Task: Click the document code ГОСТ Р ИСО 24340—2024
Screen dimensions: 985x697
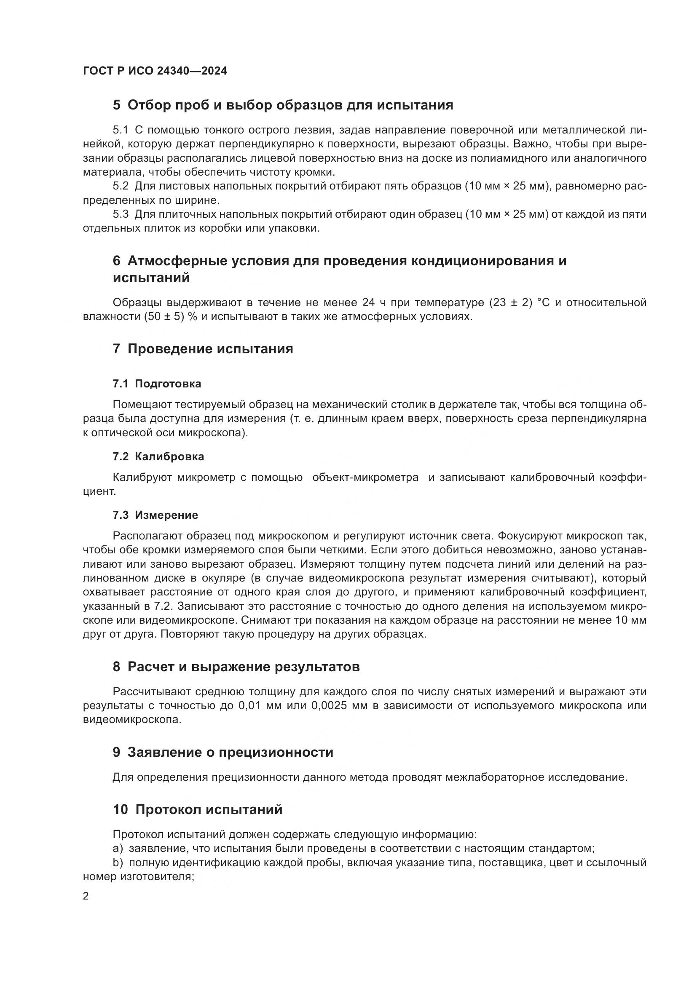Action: (x=155, y=71)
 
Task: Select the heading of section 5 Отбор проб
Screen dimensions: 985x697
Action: (x=283, y=105)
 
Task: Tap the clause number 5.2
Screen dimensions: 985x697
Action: (x=121, y=186)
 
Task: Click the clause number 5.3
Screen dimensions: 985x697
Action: (x=121, y=214)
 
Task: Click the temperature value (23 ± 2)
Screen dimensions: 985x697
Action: (x=510, y=303)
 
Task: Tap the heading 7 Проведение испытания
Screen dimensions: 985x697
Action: (x=203, y=349)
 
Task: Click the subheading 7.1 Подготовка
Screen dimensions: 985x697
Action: (x=157, y=384)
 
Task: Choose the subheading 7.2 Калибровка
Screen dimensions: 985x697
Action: (x=158, y=456)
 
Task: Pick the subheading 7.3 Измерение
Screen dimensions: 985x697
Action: (x=155, y=515)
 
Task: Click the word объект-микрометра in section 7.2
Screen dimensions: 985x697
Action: (x=365, y=478)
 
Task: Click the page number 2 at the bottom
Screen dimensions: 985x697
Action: (x=86, y=896)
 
